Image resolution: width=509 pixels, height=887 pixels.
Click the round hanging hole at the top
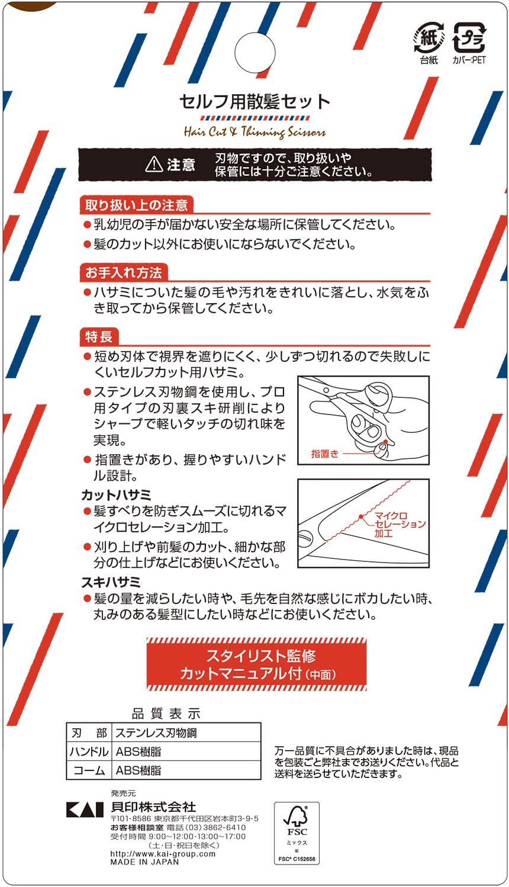point(255,53)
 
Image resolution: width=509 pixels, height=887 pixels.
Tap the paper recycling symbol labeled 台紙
point(429,38)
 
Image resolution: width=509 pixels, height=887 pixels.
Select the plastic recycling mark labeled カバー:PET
point(469,38)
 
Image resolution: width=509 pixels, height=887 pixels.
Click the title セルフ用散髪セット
point(254,102)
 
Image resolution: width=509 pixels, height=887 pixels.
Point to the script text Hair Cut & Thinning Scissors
point(254,131)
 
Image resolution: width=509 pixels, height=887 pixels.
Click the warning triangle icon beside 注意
point(154,164)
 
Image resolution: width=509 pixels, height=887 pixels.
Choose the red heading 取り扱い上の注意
point(137,205)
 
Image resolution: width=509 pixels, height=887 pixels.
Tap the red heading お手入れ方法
point(124,273)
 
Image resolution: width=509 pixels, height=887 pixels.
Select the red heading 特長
point(99,337)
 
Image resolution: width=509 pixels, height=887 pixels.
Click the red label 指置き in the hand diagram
point(324,454)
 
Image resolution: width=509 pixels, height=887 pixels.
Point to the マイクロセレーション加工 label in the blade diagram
point(400,525)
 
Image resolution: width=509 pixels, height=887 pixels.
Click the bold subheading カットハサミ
point(117,495)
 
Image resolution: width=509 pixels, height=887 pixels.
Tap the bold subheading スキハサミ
point(111,582)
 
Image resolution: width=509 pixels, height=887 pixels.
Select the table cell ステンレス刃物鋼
point(156,733)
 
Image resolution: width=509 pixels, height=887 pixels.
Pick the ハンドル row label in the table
point(89,752)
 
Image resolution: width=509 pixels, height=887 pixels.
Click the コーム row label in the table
point(89,770)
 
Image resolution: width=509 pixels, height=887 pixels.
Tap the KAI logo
point(85,809)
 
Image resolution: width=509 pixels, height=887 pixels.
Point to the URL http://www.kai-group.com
point(163,854)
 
